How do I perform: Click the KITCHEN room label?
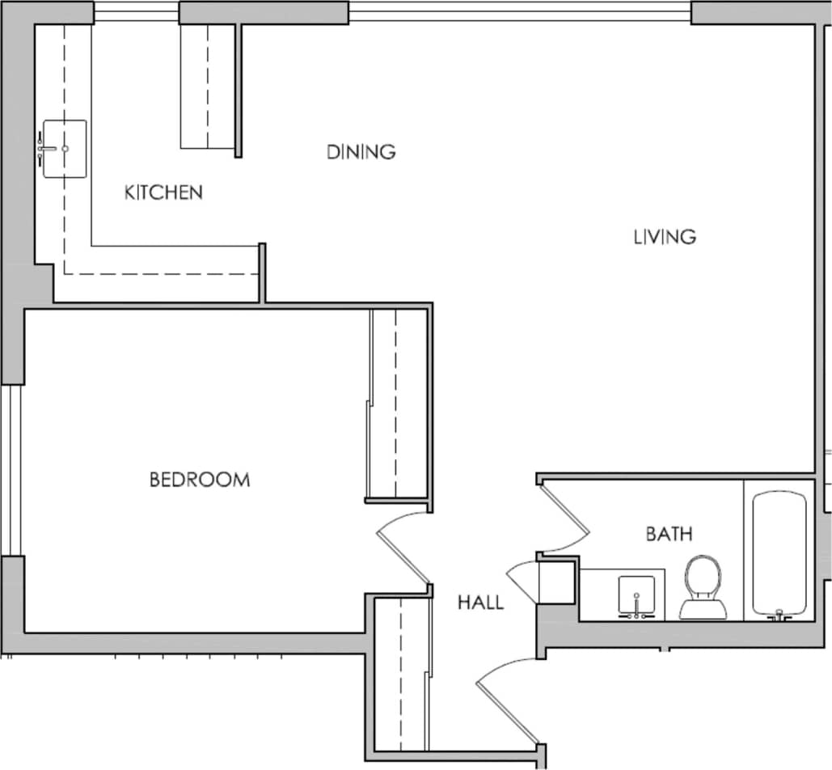(x=163, y=192)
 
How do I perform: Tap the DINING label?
(x=361, y=151)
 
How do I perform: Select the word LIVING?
(x=665, y=237)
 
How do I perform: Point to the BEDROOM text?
(x=200, y=480)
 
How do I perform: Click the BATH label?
(x=669, y=534)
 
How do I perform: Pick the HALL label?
(x=480, y=603)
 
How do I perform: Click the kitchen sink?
(x=64, y=149)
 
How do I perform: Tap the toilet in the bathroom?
(x=700, y=586)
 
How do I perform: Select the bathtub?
(x=779, y=554)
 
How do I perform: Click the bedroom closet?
(x=397, y=404)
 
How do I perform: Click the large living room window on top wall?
(x=520, y=12)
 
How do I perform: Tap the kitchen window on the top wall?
(x=136, y=12)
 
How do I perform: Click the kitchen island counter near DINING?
(x=209, y=87)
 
